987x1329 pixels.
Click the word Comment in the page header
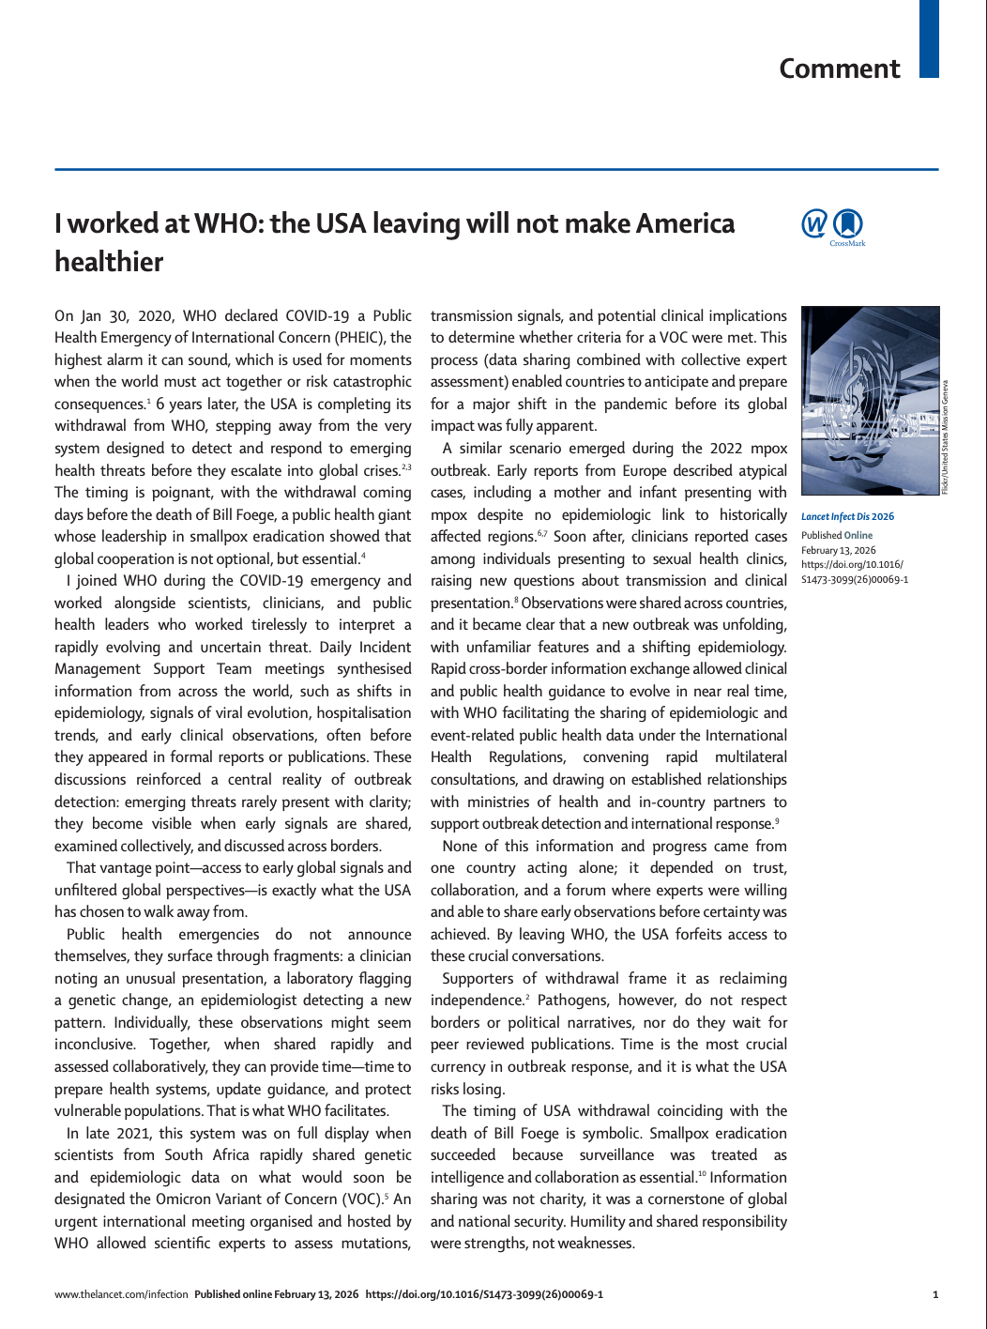(x=839, y=69)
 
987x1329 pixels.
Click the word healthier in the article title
(x=109, y=262)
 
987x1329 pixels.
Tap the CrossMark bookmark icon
(x=848, y=224)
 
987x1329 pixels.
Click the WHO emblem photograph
(x=870, y=401)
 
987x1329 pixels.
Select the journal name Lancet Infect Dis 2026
(x=847, y=516)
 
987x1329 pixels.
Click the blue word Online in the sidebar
(x=858, y=535)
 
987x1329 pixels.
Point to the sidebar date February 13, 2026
(x=838, y=550)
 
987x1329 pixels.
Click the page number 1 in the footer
(x=935, y=1294)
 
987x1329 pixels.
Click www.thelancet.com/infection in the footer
(x=121, y=1294)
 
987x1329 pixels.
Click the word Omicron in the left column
(x=186, y=1199)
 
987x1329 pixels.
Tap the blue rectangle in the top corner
(x=928, y=38)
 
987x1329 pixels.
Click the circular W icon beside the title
(x=814, y=224)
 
